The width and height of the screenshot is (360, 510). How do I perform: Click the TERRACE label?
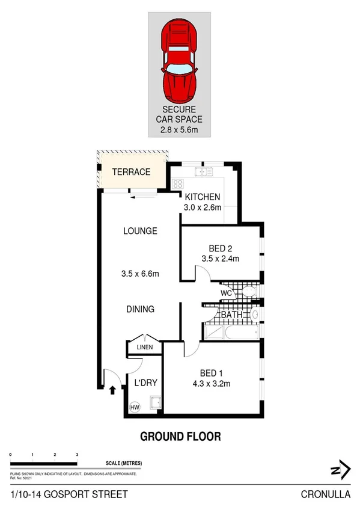coord(132,172)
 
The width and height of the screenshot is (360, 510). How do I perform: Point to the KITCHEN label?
coord(203,197)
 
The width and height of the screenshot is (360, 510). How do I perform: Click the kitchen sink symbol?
coord(201,172)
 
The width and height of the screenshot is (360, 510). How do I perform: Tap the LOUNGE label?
coord(140,231)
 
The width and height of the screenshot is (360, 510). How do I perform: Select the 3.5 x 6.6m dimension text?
coord(140,274)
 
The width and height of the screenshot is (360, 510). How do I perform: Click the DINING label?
coord(140,309)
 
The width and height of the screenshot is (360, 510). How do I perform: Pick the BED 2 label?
coord(220,248)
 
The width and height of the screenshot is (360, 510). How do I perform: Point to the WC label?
coord(227,293)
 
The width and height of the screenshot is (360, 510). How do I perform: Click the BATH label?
coord(231,315)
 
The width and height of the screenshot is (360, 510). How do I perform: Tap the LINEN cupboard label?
coord(144,347)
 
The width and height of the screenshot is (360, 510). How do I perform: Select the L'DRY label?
coord(145,382)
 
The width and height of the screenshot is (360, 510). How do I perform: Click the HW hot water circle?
coord(135,407)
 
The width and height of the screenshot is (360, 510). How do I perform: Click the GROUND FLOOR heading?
coord(180,436)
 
